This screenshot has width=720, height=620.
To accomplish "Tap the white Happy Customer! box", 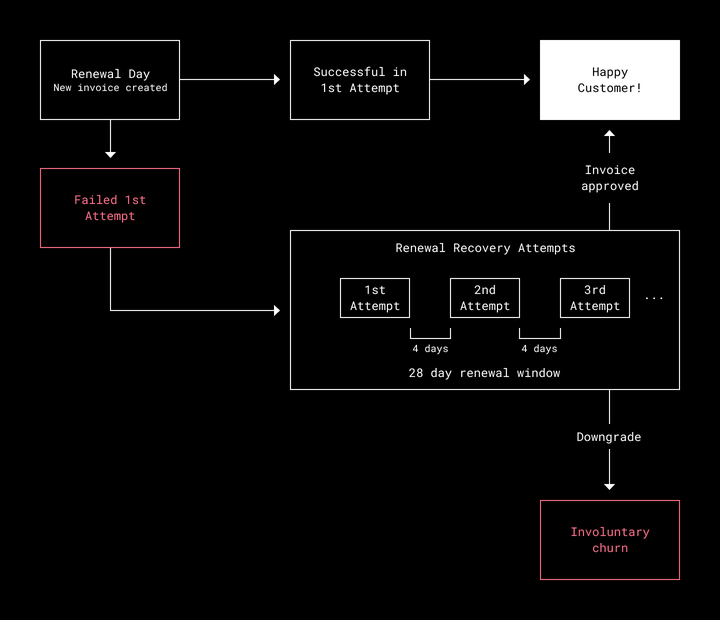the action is tap(610, 80).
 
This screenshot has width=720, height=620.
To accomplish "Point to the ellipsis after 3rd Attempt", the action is tap(654, 299).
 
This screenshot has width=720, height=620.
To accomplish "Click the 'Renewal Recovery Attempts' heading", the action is tap(485, 248).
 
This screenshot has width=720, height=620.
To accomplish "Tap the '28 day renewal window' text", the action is tap(484, 373).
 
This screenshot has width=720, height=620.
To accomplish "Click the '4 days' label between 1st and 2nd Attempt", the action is tap(430, 349).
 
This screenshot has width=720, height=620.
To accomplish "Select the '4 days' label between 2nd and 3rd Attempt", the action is tap(540, 349).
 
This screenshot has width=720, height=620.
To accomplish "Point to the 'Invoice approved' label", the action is tap(610, 178).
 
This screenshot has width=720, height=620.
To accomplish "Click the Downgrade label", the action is tap(609, 437).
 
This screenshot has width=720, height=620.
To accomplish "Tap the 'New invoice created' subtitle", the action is tap(110, 88).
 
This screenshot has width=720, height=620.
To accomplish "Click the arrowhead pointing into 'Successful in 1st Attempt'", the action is tap(277, 79).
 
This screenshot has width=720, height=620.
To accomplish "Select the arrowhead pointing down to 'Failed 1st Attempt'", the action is tap(110, 155).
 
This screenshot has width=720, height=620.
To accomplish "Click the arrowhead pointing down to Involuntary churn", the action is tap(609, 487).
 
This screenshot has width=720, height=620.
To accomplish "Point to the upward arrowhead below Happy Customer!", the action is tap(609, 133).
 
